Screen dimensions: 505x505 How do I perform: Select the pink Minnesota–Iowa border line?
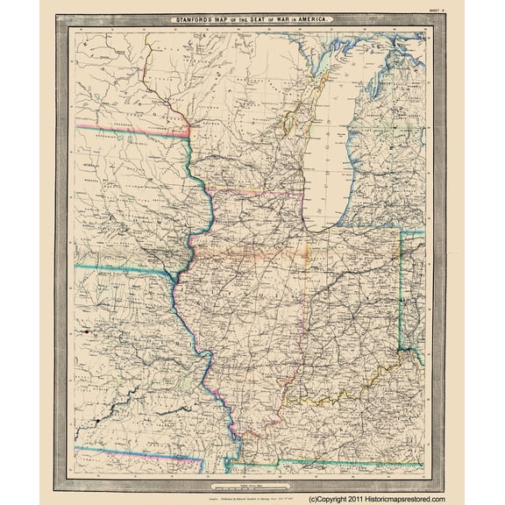[132, 132]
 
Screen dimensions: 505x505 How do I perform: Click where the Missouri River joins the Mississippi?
[199, 345]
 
